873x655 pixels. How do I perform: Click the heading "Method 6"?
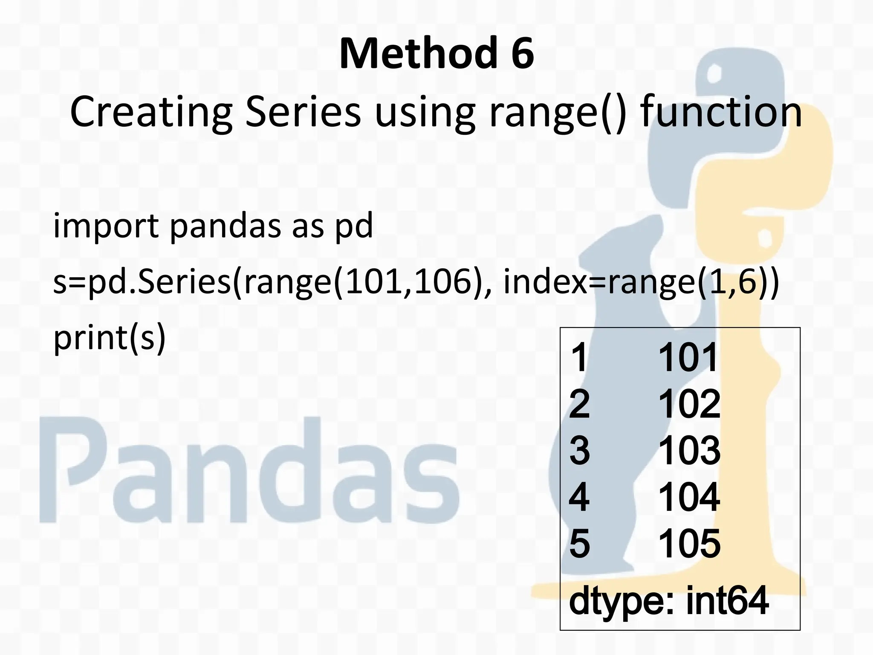[x=436, y=54]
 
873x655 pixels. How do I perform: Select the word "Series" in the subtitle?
[x=303, y=112]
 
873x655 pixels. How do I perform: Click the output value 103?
[x=689, y=450]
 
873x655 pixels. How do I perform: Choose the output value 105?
[x=689, y=544]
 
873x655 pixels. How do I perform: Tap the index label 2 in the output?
[x=580, y=404]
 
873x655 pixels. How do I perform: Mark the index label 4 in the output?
[x=579, y=497]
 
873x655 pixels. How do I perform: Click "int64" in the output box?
[x=727, y=600]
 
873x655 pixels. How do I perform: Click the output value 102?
[x=689, y=404]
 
